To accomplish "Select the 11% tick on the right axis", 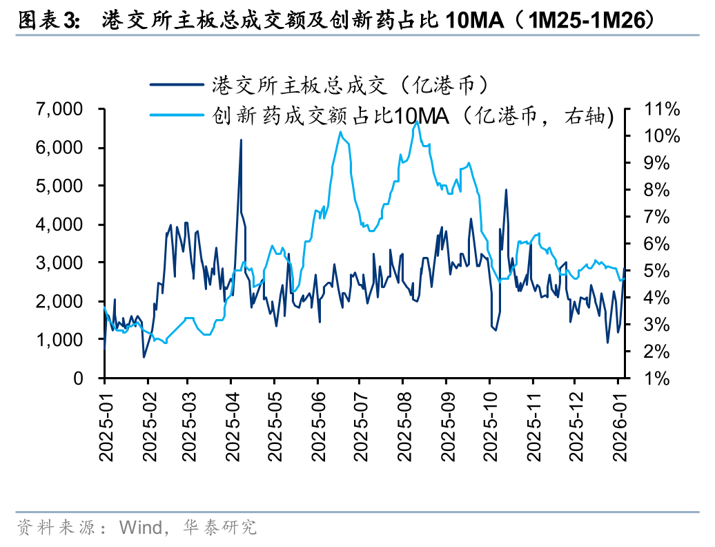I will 661,109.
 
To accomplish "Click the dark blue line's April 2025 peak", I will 241,140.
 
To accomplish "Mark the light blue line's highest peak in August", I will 416,122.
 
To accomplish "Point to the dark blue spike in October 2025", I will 506,189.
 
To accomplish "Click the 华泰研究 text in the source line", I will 219,528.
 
